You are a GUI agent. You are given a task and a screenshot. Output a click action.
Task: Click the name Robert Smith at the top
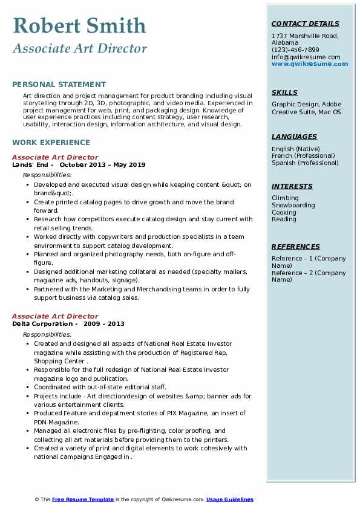[x=79, y=26]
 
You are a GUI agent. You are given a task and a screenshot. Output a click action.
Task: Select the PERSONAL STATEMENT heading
[x=59, y=85]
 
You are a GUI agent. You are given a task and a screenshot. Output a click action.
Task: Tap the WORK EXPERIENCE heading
[x=51, y=143]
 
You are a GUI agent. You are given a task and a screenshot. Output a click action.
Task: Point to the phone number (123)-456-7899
[x=295, y=50]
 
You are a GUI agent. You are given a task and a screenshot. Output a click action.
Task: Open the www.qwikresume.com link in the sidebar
[x=310, y=63]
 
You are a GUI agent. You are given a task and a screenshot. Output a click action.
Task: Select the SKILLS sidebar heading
[x=284, y=92]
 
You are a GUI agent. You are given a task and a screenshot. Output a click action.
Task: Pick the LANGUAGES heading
[x=294, y=137]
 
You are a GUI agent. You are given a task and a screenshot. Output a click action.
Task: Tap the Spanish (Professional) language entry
[x=305, y=163]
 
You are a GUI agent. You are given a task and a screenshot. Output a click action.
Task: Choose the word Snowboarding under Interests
[x=293, y=206]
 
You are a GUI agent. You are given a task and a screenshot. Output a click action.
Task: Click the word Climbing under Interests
[x=285, y=198]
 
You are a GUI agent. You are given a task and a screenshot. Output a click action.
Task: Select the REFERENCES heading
[x=296, y=247]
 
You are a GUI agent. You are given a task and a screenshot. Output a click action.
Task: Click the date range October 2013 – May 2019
[x=102, y=164]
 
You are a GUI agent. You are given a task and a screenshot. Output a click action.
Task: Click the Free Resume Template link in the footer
[x=82, y=499]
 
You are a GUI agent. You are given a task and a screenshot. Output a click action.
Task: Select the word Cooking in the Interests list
[x=284, y=212]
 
